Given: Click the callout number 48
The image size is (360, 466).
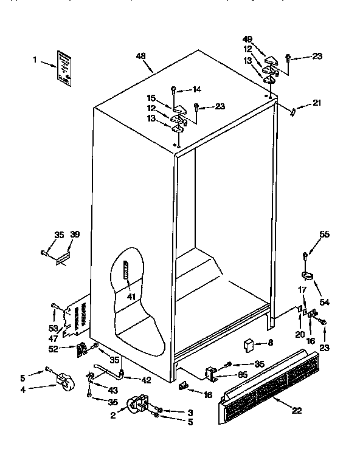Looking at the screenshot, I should click(x=140, y=56).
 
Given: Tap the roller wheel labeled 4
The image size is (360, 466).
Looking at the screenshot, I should click(x=63, y=381).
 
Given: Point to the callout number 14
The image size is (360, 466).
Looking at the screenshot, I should click(x=196, y=89).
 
